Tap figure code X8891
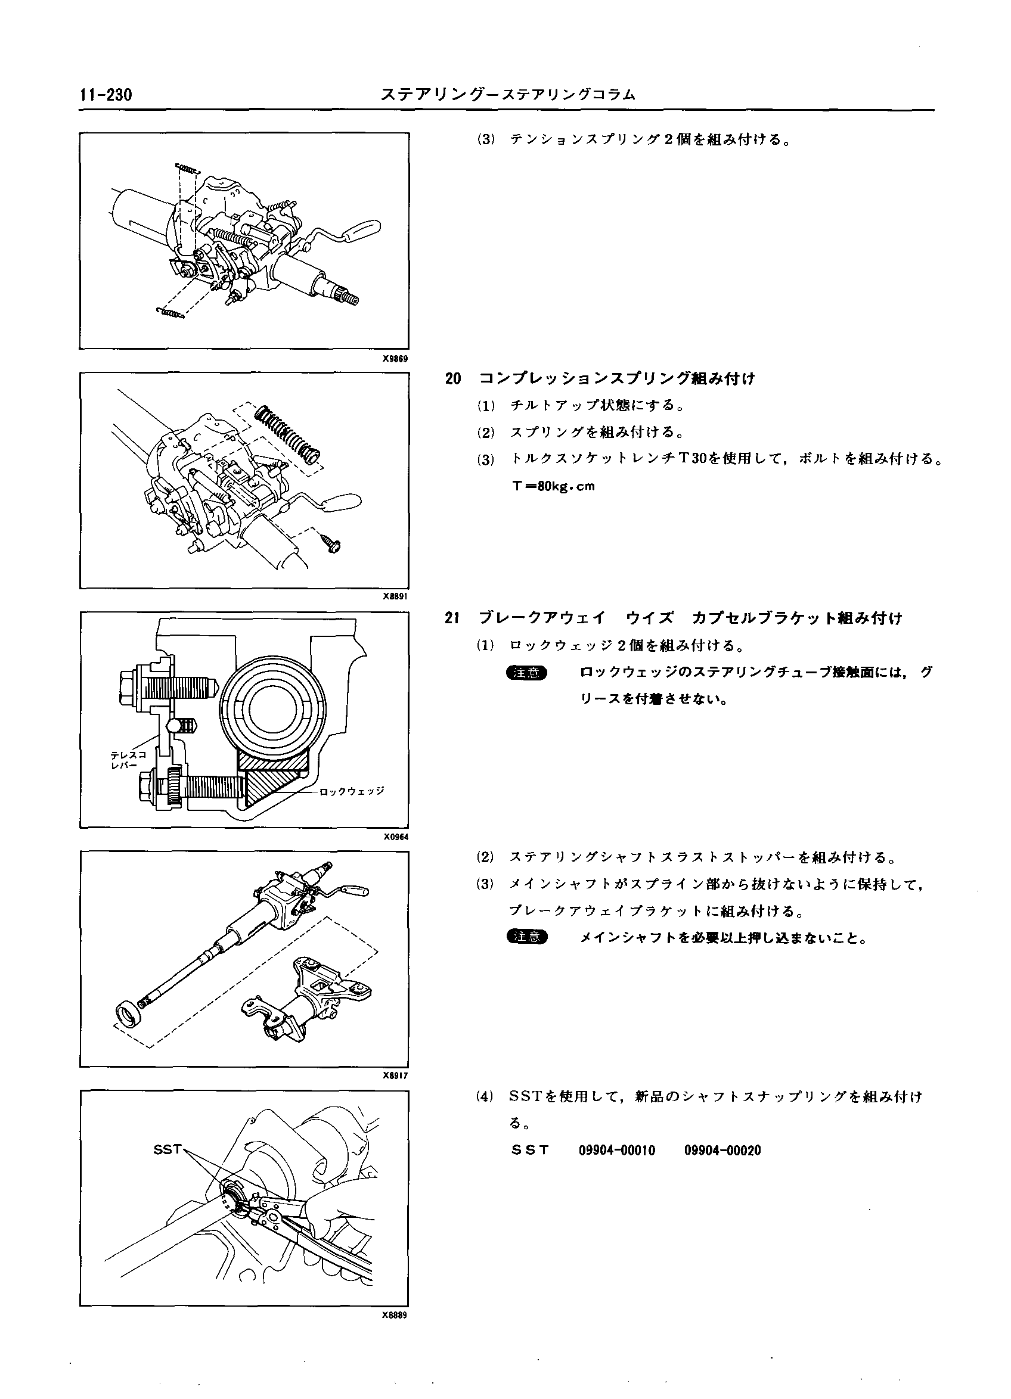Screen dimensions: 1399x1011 [x=395, y=596]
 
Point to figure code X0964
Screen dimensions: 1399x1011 [x=395, y=837]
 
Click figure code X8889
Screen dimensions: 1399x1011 [x=395, y=1314]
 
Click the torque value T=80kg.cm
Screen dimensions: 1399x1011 [x=553, y=486]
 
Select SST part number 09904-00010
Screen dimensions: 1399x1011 [x=616, y=1151]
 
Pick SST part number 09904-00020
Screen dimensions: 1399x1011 [x=722, y=1151]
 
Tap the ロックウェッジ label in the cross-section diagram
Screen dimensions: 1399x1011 [x=352, y=790]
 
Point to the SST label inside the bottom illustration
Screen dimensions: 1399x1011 [x=168, y=1149]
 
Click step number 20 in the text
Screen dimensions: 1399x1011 [x=453, y=379]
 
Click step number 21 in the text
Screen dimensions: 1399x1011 [x=452, y=618]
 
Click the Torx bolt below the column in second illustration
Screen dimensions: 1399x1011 [x=332, y=542]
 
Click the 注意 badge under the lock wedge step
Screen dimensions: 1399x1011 [x=526, y=673]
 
